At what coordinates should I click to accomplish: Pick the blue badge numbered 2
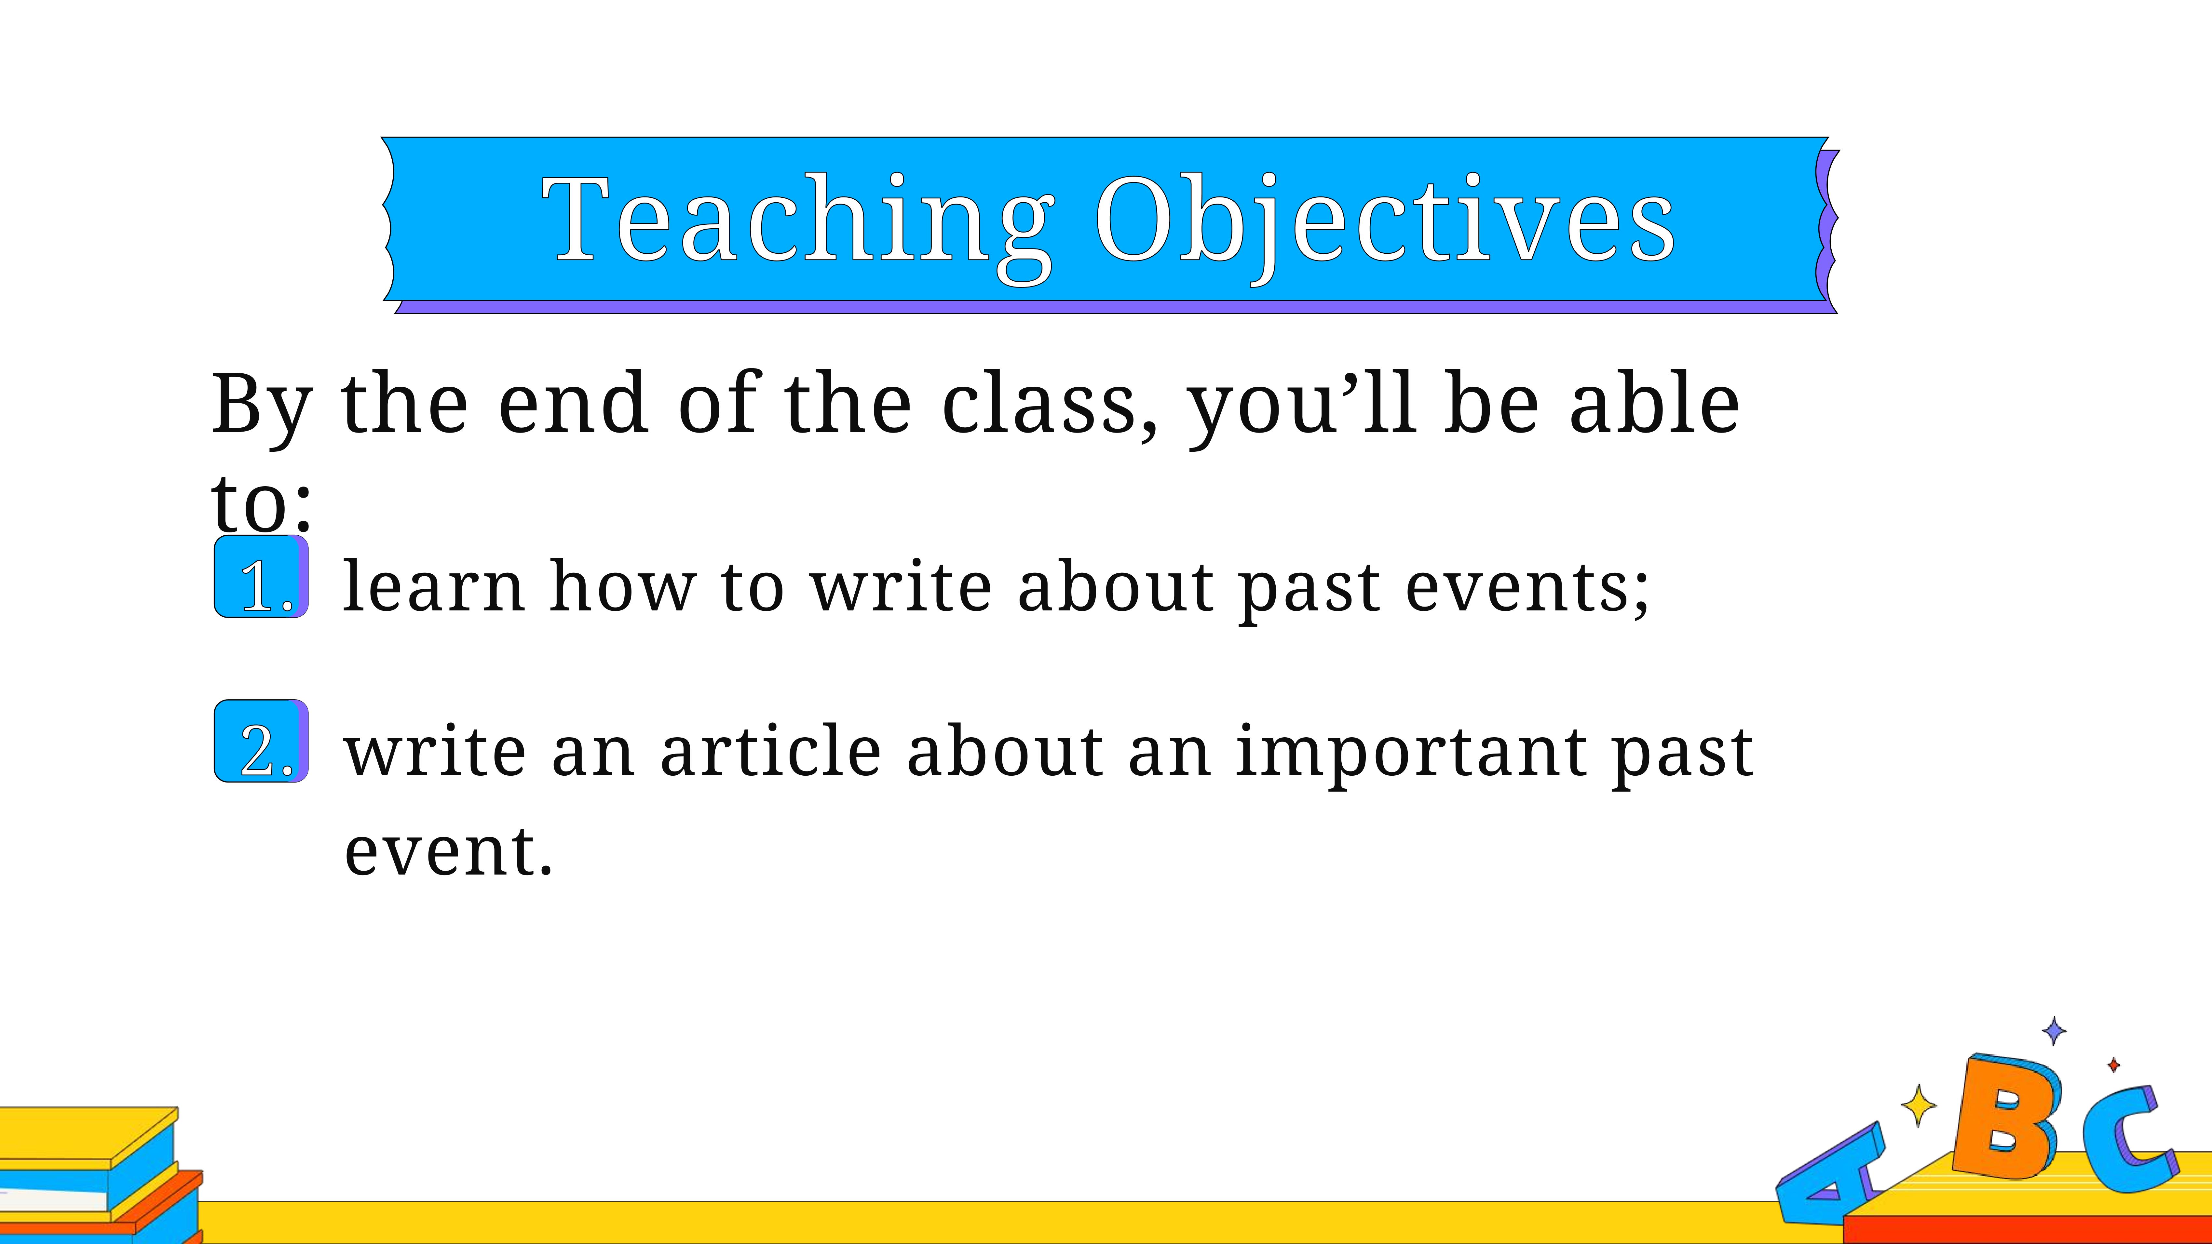[x=261, y=741]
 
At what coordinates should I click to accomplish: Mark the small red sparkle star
[x=2114, y=1065]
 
